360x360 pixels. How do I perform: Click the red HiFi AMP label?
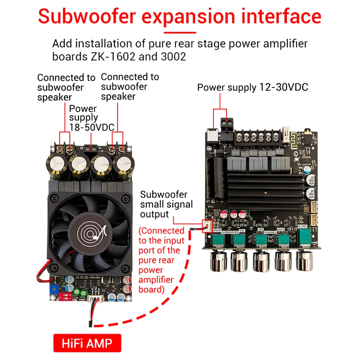pos(87,343)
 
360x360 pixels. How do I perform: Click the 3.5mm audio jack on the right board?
pos(300,136)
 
